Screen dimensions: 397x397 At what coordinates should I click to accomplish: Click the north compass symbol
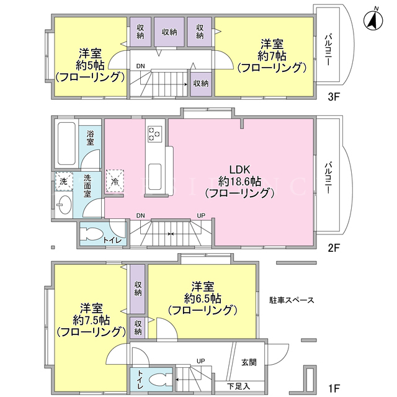pyautogui.click(x=373, y=20)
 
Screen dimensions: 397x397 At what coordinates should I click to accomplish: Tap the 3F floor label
pyautogui.click(x=333, y=97)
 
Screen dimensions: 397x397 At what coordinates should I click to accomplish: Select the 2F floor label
pyautogui.click(x=333, y=248)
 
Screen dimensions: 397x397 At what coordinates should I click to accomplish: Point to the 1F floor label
pyautogui.click(x=333, y=387)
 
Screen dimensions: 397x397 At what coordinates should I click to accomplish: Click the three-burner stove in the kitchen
pyautogui.click(x=155, y=133)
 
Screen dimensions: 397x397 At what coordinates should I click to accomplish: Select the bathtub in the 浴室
pyautogui.click(x=66, y=143)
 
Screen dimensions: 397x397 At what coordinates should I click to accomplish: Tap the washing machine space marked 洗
pyautogui.click(x=64, y=181)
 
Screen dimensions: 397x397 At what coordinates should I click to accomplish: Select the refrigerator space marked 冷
pyautogui.click(x=115, y=181)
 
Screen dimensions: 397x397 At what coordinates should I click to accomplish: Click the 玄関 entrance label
pyautogui.click(x=249, y=362)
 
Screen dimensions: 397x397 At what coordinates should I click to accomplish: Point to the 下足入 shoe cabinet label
pyautogui.click(x=238, y=386)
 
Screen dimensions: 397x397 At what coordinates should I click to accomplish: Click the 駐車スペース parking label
pyautogui.click(x=292, y=300)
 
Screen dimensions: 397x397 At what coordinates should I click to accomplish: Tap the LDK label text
pyautogui.click(x=240, y=169)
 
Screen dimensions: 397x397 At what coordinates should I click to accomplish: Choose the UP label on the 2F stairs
pyautogui.click(x=201, y=215)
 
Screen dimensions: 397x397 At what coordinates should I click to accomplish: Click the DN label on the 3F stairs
pyautogui.click(x=141, y=66)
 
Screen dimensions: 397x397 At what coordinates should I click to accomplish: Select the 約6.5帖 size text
pyautogui.click(x=203, y=299)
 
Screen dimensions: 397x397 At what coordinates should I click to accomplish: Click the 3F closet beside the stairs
pyautogui.click(x=201, y=84)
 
